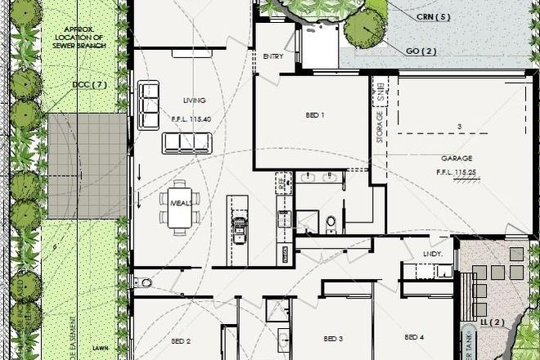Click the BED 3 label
tap(332, 339)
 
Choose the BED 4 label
tap(414, 337)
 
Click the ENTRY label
tap(273, 56)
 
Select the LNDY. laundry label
tap(433, 254)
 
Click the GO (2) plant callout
tap(421, 51)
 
